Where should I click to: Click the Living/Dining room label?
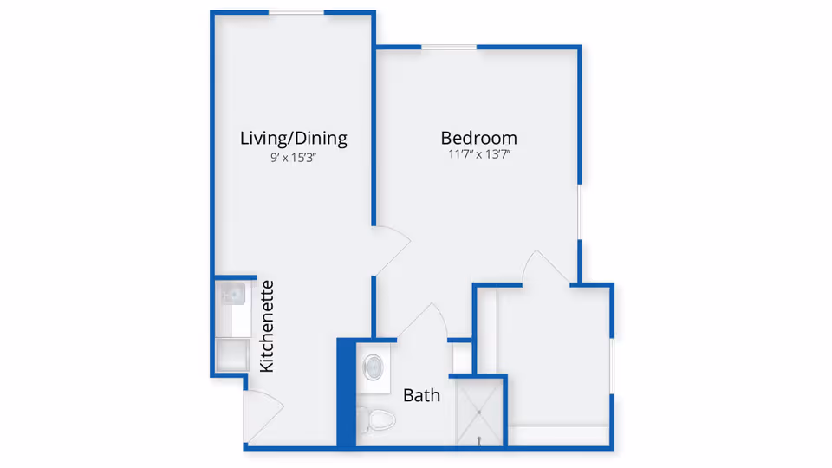click(x=293, y=138)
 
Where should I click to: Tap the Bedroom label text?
click(x=478, y=138)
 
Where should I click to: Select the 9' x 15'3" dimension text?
click(x=293, y=159)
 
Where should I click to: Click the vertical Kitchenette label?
click(x=267, y=326)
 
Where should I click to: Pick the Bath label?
click(x=422, y=396)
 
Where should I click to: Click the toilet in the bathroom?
click(x=378, y=421)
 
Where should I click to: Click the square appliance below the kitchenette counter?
click(x=232, y=354)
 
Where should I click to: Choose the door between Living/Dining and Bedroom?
click(x=389, y=251)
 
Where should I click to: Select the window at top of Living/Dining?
click(x=296, y=12)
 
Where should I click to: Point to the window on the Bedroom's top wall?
click(x=449, y=47)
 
